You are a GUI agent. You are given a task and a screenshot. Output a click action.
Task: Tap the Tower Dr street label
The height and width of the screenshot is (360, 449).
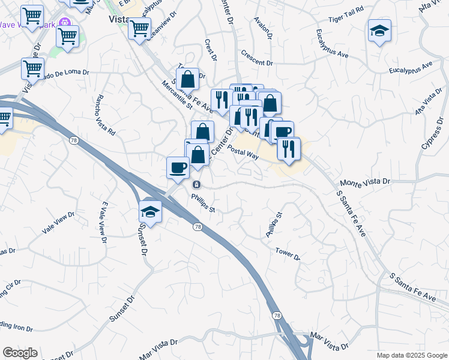point(288,253)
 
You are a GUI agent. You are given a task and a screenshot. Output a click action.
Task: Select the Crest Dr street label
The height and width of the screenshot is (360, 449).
point(210,50)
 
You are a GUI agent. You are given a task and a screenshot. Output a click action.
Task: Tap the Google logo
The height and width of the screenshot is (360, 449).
point(20,353)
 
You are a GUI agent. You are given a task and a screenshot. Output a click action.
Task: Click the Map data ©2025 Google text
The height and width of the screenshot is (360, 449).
point(412,355)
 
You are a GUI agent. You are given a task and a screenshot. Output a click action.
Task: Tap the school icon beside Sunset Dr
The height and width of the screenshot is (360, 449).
point(150,212)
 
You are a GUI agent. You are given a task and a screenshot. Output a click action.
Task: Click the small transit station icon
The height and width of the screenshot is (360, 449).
point(196,184)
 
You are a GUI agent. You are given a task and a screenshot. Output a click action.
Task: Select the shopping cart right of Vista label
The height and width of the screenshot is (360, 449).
point(139,27)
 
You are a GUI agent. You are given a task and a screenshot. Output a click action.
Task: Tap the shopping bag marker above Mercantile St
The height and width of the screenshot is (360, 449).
point(188,79)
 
